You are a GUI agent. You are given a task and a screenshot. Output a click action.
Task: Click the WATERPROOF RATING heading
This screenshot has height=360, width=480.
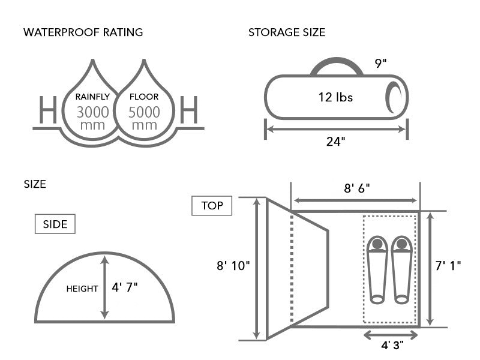coord(83,32)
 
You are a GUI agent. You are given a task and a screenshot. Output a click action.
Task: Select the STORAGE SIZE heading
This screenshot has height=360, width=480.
coord(287,32)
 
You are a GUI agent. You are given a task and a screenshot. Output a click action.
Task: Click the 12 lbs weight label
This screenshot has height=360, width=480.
coord(335,97)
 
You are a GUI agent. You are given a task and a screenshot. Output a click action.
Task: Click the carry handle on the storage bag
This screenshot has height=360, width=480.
coord(337,64)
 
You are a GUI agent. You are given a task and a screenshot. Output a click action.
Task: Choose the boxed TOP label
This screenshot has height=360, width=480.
coord(212,206)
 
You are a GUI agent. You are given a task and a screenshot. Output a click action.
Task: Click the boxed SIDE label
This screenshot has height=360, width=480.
coord(55,224)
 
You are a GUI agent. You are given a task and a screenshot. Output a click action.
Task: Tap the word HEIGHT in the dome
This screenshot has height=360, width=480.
coord(82,289)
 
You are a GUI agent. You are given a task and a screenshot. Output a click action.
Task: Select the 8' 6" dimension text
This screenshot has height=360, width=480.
coord(356,188)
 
